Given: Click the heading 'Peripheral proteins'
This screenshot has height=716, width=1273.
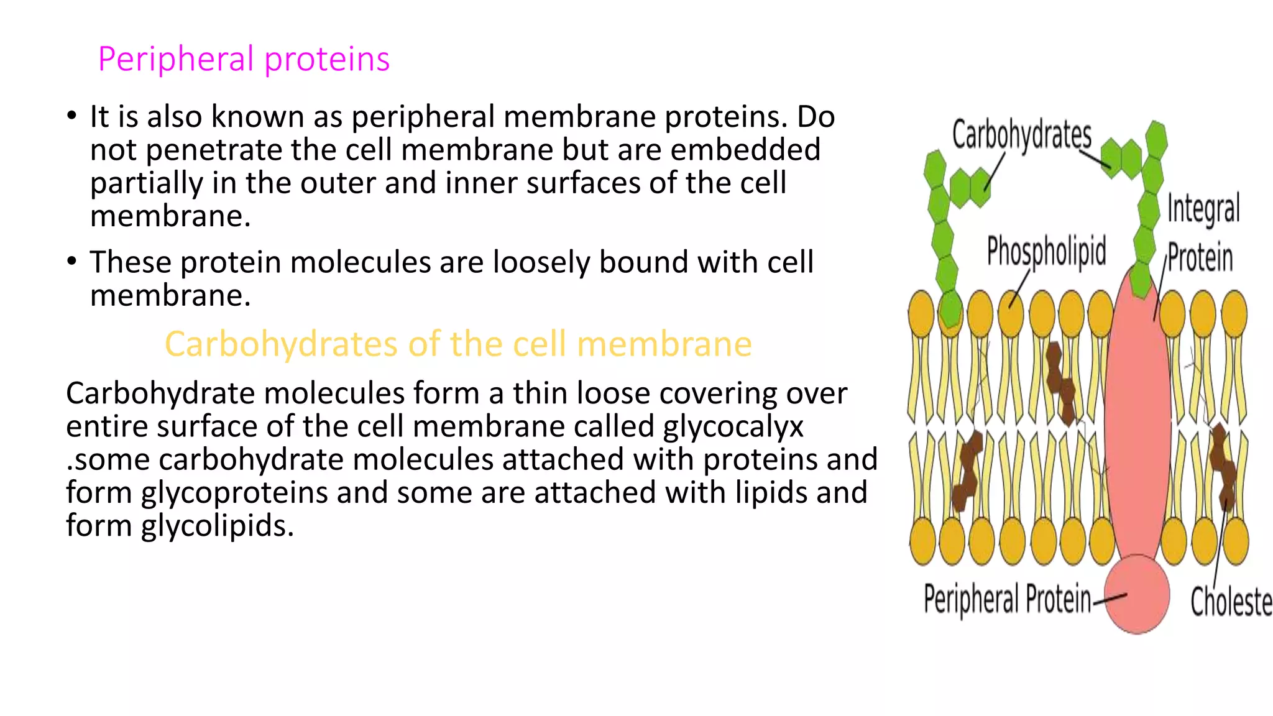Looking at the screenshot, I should coord(244,60).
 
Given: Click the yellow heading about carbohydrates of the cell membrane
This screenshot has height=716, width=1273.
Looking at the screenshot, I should coord(458,344).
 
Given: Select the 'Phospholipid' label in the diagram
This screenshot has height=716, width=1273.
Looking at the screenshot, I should coord(1047,251).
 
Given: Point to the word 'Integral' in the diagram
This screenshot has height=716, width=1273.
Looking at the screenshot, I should coord(1203,208).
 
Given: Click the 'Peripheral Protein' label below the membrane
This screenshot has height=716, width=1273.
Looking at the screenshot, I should coord(1007,599).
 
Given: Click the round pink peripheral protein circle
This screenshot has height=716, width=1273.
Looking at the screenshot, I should coord(1137,594).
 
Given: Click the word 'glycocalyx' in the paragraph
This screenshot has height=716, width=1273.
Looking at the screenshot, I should coord(733,427).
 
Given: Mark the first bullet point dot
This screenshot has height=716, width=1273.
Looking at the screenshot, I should coord(72,116).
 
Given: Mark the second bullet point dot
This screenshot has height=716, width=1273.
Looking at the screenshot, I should coord(72,262).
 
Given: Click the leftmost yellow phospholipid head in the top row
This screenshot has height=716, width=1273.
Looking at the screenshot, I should coord(921,314).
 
